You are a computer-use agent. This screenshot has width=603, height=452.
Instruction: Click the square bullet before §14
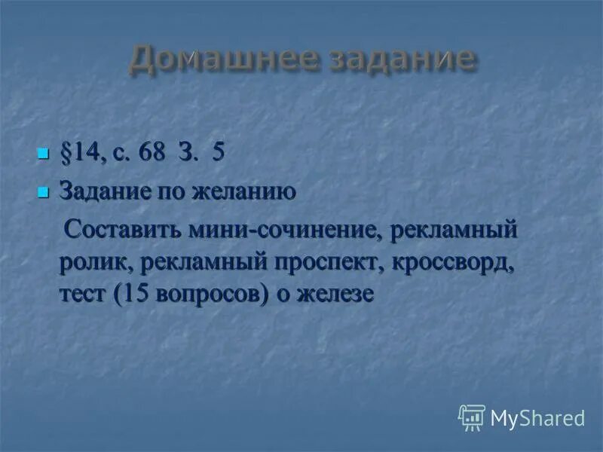coord(42,154)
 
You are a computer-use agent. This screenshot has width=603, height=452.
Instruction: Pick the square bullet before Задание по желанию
coord(42,193)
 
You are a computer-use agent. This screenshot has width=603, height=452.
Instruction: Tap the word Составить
coord(118,229)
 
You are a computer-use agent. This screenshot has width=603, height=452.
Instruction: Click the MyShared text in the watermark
coord(537,418)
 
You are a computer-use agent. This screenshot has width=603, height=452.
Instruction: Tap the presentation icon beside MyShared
coord(471,417)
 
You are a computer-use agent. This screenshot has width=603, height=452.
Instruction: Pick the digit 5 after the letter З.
coord(218,154)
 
